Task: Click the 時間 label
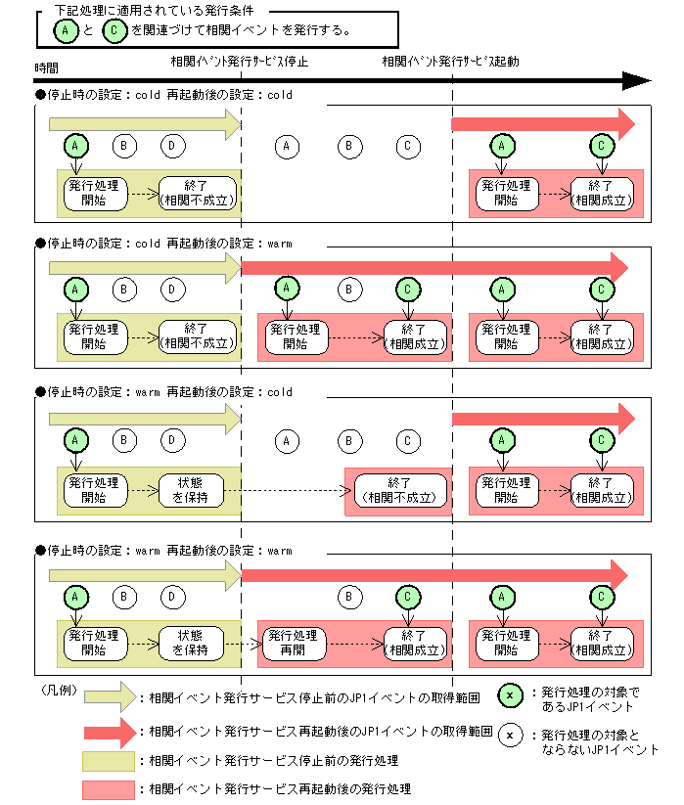[46, 67]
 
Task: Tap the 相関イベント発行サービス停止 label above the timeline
[240, 62]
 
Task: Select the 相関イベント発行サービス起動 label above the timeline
[450, 62]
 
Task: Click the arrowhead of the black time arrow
[637, 80]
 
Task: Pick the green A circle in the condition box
[66, 30]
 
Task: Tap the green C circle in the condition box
[114, 30]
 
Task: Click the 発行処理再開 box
[294, 644]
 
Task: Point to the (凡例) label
[59, 690]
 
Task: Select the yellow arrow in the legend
[111, 696]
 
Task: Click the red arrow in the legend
[111, 732]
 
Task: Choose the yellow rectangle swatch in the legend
[109, 761]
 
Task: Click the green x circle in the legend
[510, 695]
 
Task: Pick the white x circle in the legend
[510, 735]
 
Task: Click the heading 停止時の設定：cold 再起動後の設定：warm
[163, 244]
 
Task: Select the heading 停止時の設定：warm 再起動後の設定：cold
[163, 392]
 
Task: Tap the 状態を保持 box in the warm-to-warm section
[191, 643]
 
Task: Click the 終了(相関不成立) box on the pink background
[399, 490]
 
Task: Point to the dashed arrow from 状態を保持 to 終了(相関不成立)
[288, 491]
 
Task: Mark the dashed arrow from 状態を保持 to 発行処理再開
[244, 644]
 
